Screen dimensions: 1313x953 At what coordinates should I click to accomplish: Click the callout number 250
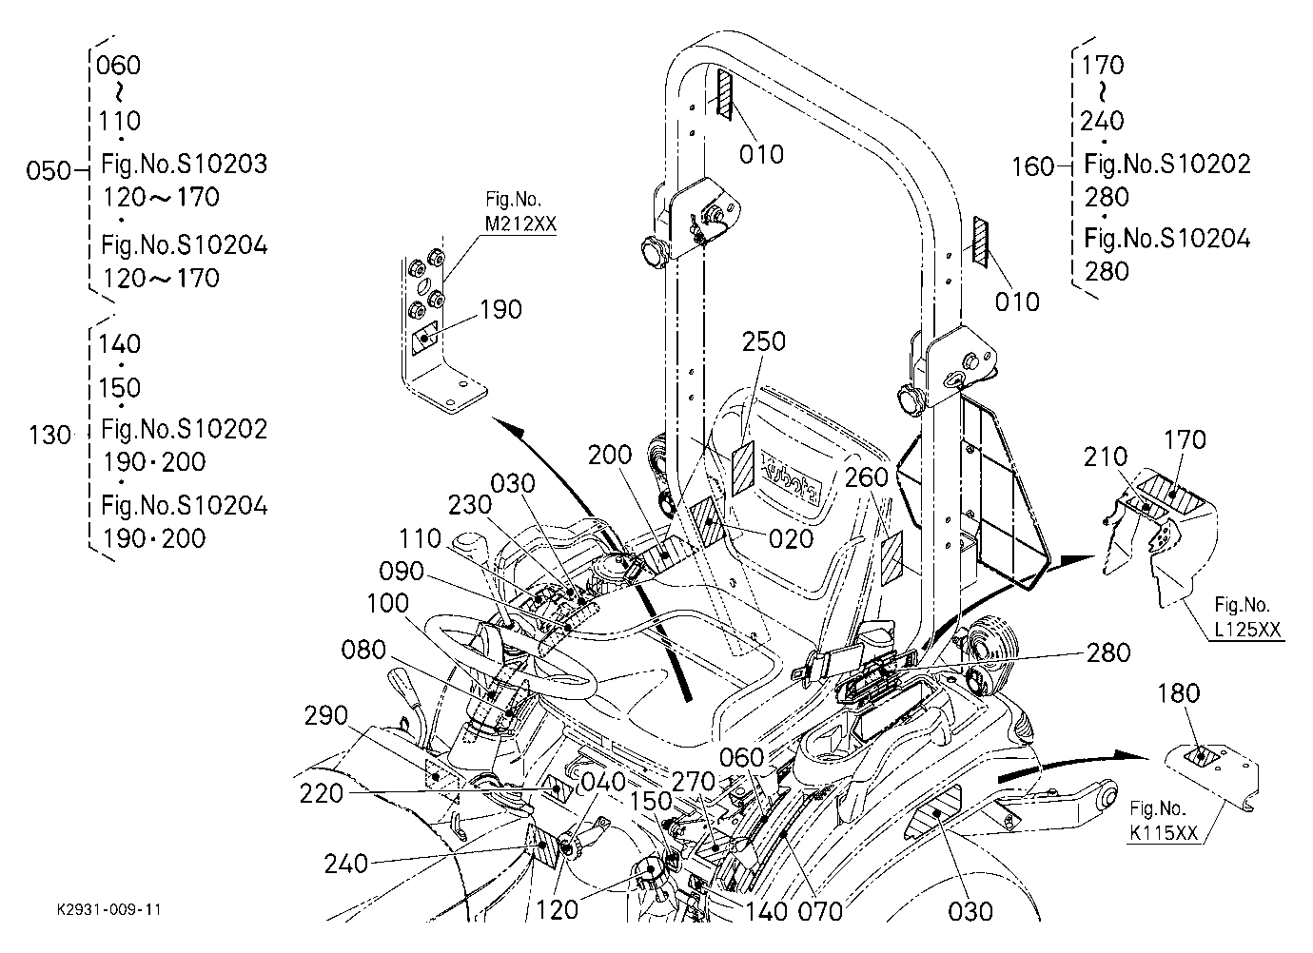click(x=764, y=341)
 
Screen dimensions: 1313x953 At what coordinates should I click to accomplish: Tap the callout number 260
click(x=867, y=477)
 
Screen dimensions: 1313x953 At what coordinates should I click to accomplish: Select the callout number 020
click(x=792, y=538)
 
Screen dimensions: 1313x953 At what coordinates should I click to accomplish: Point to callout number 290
click(x=326, y=715)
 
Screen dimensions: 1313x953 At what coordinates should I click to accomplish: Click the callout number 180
click(x=1179, y=693)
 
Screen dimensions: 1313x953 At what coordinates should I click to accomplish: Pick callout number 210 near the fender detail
click(x=1106, y=457)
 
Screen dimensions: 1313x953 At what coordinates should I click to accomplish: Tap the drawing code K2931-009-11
click(x=109, y=909)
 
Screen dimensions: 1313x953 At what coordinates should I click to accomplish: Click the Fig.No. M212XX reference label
click(x=520, y=212)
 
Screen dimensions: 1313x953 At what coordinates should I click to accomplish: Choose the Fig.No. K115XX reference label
click(x=1164, y=821)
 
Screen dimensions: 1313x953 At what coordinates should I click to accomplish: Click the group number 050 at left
click(x=49, y=171)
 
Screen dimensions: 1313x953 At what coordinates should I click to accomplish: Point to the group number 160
click(x=1033, y=167)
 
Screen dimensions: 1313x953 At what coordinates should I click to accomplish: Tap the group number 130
click(x=49, y=436)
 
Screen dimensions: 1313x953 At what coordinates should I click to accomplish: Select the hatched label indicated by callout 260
click(x=892, y=557)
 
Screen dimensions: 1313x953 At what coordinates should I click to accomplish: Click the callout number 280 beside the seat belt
click(x=1108, y=652)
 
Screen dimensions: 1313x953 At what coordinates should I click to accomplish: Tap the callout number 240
click(x=345, y=864)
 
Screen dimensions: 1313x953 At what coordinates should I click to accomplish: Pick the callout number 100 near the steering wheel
click(x=387, y=603)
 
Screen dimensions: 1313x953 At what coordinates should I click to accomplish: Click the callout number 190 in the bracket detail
click(x=500, y=309)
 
